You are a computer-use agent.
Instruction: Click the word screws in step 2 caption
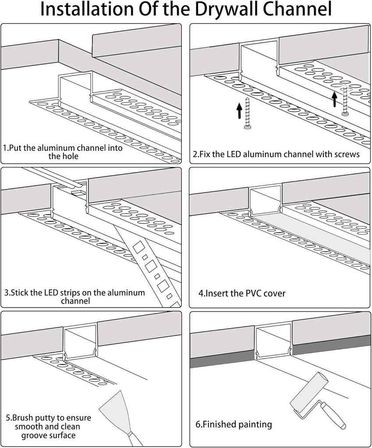[347, 154]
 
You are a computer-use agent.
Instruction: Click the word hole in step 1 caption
[69, 156]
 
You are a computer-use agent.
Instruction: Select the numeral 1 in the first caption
[5, 148]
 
